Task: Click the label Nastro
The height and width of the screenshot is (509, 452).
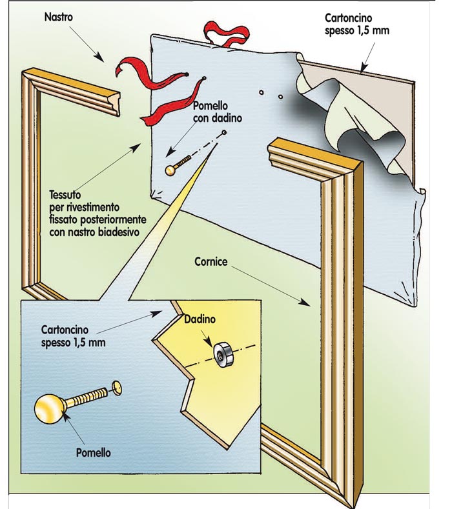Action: [59, 17]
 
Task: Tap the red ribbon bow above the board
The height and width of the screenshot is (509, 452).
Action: [226, 34]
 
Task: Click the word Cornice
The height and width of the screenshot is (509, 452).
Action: [211, 261]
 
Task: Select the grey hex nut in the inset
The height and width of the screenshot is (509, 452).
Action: [222, 354]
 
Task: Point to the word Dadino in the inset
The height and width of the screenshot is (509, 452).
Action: [200, 319]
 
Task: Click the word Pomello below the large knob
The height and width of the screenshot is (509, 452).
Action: [93, 452]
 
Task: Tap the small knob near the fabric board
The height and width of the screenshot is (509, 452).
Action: [178, 165]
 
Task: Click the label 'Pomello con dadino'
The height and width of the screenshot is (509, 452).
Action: [218, 112]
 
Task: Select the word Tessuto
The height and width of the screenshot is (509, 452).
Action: [65, 195]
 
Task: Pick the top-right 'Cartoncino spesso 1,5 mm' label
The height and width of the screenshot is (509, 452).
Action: [357, 24]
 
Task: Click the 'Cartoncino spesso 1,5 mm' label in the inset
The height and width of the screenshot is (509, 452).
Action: [73, 336]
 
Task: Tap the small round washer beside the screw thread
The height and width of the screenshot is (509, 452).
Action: [116, 388]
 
